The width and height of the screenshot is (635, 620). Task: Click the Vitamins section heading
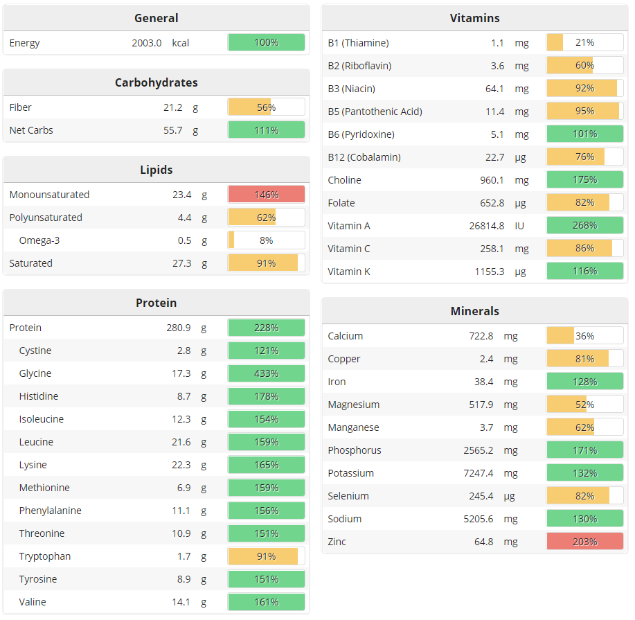474,18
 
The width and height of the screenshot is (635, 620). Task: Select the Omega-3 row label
39,240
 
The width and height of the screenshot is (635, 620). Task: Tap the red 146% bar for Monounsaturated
266,195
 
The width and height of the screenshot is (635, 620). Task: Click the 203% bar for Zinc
584,542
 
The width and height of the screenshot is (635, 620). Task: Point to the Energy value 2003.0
147,43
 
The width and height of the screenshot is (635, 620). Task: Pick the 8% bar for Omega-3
266,240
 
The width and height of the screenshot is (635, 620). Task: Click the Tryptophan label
45,556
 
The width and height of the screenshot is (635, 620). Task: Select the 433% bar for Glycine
266,373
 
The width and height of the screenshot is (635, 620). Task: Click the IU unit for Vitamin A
520,226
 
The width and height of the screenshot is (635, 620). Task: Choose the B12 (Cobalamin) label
364,157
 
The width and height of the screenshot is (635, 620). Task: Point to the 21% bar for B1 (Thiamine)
584,43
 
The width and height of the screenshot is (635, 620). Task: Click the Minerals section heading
474,311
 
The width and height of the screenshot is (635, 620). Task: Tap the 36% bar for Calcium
584,336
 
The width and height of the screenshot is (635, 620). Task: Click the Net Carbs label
31,130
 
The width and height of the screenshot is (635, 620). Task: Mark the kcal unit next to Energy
181,43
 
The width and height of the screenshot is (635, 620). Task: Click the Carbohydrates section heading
156,82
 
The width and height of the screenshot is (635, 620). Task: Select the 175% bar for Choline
584,180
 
